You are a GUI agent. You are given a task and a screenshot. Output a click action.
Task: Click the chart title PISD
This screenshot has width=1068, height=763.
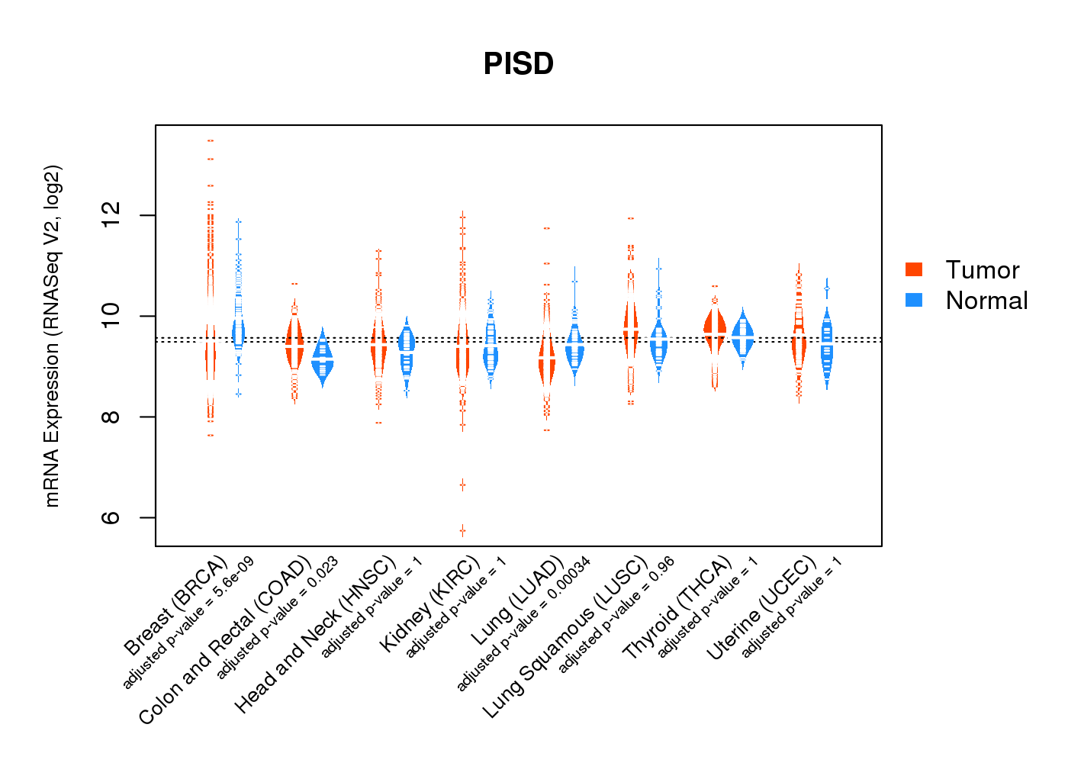pos(519,64)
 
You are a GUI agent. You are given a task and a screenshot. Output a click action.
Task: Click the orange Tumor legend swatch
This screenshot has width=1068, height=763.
pos(913,269)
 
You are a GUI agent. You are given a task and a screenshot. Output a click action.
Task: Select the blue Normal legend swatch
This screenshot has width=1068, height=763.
pos(913,300)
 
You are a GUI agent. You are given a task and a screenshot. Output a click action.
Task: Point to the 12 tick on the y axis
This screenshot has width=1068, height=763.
pos(111,215)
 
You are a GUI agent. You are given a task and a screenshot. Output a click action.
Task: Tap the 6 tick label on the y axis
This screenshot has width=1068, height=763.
pos(111,517)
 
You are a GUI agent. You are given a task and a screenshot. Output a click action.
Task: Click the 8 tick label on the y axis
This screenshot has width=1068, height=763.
pos(111,417)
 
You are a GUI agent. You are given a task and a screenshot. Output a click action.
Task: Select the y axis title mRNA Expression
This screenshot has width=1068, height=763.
pos(52,336)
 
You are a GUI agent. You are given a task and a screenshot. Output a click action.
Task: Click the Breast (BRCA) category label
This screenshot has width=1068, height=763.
pos(175,607)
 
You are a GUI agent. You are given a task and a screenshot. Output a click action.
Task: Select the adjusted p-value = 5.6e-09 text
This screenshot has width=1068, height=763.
pos(188,623)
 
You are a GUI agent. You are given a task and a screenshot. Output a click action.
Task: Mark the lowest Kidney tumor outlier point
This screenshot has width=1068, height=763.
pos(462,530)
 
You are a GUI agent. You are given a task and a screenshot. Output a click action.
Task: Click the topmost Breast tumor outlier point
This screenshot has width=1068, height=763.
pos(210,140)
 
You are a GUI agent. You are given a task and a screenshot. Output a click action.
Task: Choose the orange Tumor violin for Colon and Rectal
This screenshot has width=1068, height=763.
pos(294,347)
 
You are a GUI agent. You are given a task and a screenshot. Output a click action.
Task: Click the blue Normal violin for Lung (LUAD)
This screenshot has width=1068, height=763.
pos(574,347)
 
